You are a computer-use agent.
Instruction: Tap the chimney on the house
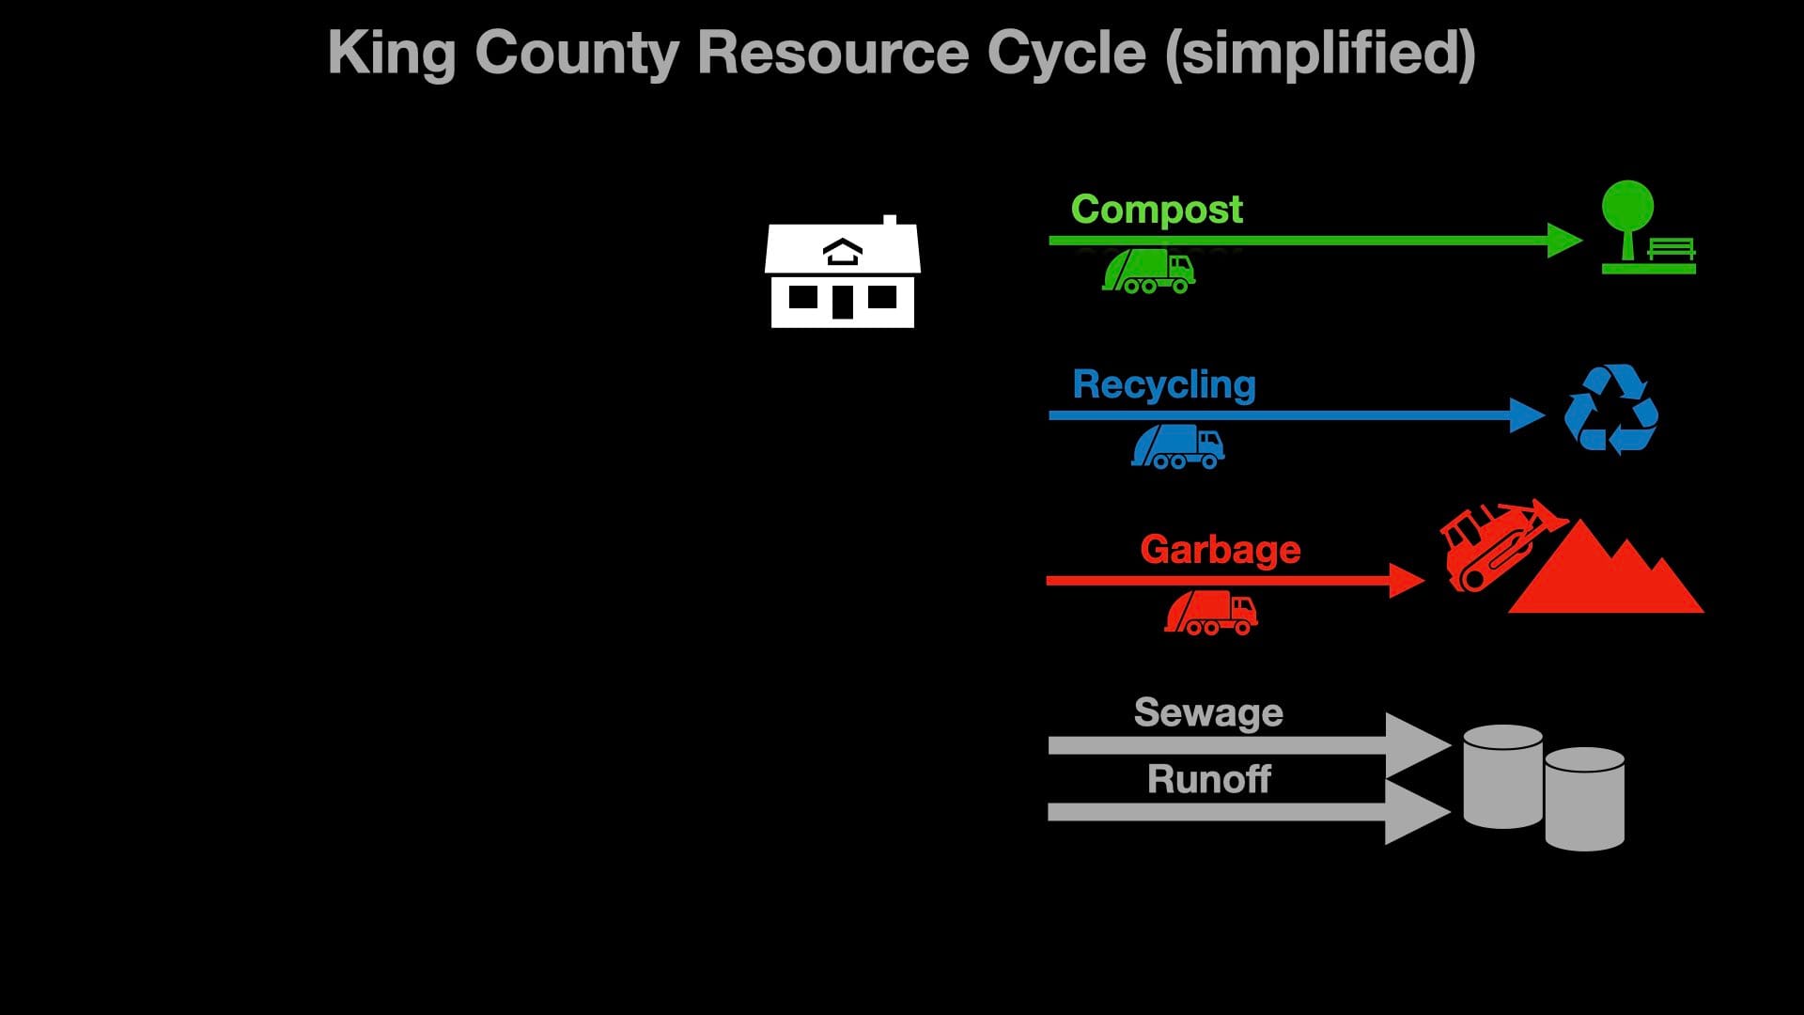tap(889, 222)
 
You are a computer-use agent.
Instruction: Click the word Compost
tap(1156, 210)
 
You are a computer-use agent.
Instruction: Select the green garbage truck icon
tap(1148, 272)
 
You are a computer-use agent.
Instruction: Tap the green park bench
tap(1672, 250)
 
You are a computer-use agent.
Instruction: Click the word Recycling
tap(1163, 384)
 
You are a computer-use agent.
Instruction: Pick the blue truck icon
tap(1178, 446)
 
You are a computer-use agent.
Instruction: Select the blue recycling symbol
tap(1610, 410)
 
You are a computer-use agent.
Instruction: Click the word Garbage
tap(1220, 550)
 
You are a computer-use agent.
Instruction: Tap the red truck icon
tap(1211, 613)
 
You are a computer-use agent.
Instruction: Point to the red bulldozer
tap(1494, 545)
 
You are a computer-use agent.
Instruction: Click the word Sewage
tap(1208, 712)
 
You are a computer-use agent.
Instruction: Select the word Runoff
tap(1208, 779)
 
